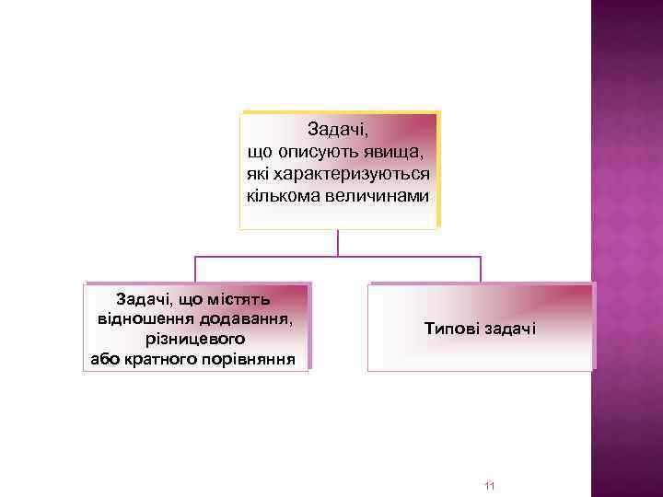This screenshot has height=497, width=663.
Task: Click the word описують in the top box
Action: point(318,150)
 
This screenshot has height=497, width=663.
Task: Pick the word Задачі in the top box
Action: point(338,128)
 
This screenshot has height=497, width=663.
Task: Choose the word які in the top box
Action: point(258,172)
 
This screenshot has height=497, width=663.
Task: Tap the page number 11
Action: point(489,485)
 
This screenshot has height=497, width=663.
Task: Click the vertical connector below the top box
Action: point(338,242)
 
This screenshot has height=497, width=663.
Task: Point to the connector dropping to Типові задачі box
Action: point(481,269)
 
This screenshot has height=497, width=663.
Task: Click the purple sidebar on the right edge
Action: point(626,248)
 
